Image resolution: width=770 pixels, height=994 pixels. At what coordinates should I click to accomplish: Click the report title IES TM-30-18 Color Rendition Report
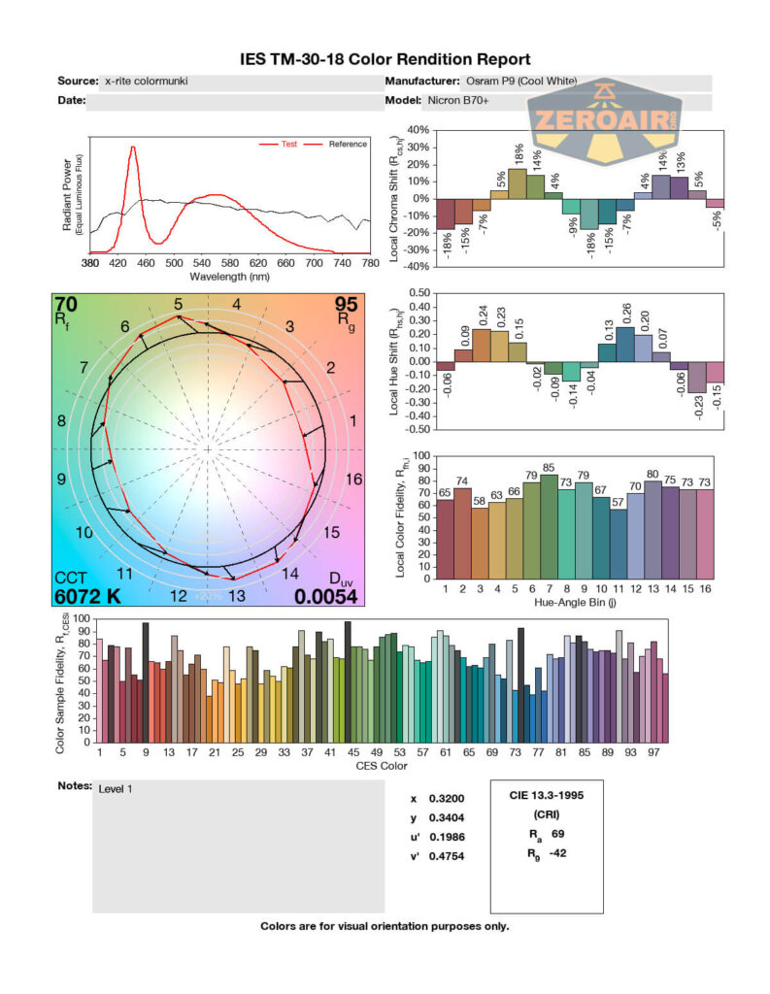[385, 60]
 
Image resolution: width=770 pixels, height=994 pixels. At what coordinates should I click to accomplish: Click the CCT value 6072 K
[87, 596]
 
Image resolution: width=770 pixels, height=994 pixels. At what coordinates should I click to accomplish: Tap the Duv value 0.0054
[327, 596]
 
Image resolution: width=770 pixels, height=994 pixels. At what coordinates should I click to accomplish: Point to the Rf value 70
[67, 306]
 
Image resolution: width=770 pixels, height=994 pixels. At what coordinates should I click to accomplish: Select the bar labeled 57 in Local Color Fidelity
[619, 545]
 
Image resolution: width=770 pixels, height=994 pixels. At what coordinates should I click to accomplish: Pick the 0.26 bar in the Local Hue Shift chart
[625, 344]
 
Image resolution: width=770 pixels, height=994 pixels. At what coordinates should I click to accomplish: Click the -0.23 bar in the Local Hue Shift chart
[696, 377]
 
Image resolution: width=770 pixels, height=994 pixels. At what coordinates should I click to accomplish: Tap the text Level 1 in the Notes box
[116, 789]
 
